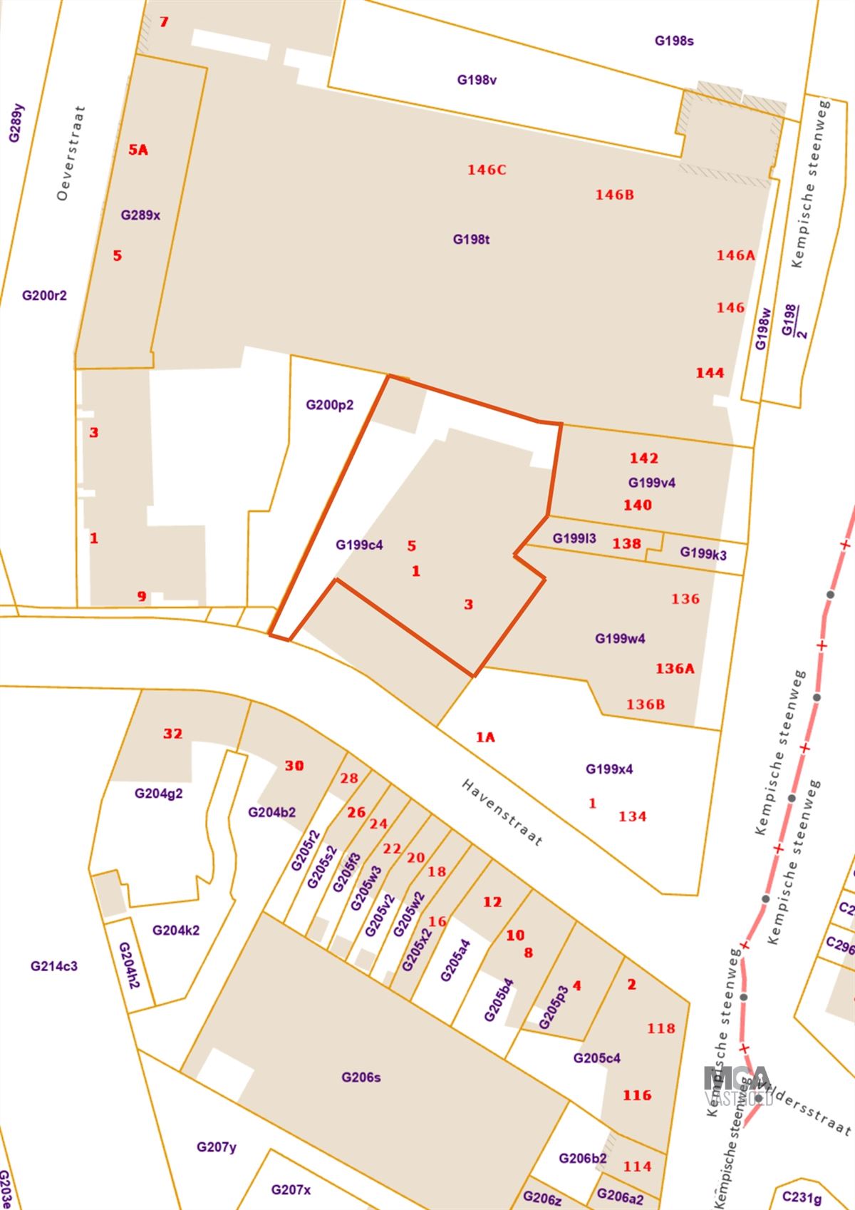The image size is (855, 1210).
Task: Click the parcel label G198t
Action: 472,240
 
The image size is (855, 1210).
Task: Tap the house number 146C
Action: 487,170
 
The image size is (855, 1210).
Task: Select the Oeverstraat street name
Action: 71,153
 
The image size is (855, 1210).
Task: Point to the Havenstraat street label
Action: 502,812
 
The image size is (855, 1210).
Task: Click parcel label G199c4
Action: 359,545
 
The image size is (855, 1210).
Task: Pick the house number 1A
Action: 485,737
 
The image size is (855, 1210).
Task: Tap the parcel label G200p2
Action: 330,405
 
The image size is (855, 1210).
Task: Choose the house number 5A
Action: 138,150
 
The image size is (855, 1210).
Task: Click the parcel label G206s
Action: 361,1077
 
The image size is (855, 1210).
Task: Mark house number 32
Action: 173,734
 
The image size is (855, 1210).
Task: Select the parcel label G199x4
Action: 609,769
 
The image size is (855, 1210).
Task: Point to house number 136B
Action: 646,704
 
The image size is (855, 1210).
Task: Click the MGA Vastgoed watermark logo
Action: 737,1086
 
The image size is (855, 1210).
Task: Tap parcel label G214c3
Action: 54,967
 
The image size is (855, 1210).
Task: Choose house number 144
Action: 710,373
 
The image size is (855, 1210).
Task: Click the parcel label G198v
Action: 477,80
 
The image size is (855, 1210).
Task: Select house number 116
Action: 637,1095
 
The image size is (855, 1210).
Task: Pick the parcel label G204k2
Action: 176,930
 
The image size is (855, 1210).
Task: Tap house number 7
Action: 164,22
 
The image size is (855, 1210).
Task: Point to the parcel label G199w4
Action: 620,639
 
